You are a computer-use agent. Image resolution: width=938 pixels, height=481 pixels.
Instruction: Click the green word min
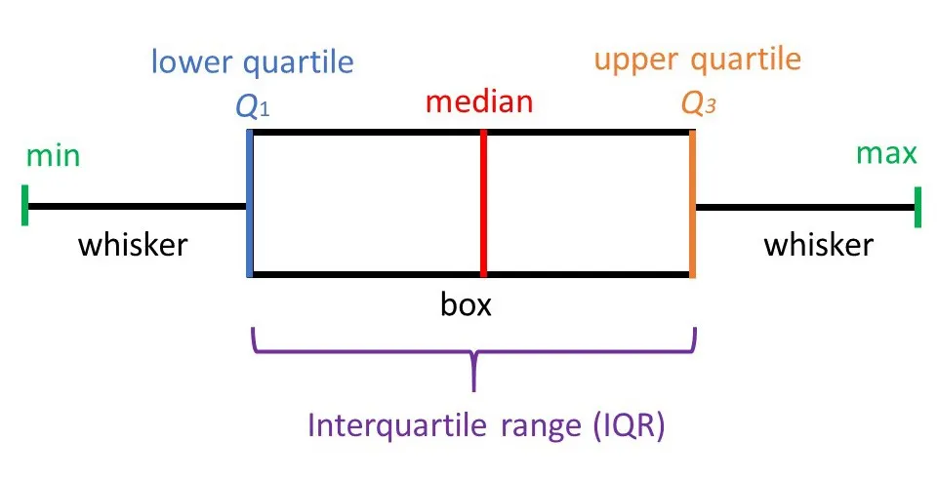pos(54,157)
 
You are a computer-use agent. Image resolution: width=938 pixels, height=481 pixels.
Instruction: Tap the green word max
pos(886,154)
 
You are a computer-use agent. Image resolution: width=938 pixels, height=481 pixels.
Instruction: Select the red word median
pos(479,101)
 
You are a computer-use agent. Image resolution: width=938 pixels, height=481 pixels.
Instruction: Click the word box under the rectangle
pos(466,305)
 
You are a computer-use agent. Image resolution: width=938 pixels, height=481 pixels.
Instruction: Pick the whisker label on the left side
pos(133,244)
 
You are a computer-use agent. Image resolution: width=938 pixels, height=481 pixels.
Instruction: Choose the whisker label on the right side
pos(818,244)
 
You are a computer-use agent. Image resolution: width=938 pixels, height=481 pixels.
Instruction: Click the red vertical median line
pos(483,205)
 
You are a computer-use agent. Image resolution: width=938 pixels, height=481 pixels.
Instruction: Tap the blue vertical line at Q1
pos(251,205)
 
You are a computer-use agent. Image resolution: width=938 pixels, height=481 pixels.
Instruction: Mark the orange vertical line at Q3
pos(692,205)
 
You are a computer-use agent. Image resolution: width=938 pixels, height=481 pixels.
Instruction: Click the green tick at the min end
pos(24,207)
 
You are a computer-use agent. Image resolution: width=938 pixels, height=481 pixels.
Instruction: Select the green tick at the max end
pos(918,207)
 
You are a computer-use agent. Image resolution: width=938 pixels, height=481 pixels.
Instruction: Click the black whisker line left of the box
pos(137,207)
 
